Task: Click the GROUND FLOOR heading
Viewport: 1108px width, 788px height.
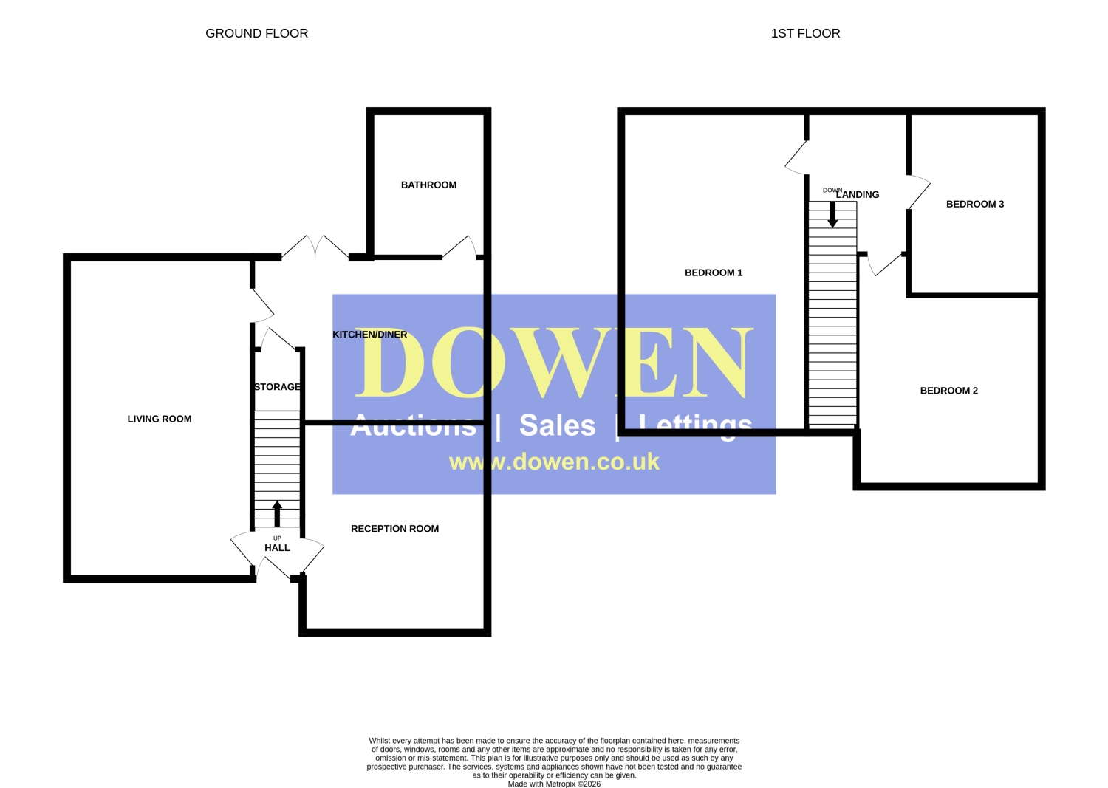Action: tap(257, 33)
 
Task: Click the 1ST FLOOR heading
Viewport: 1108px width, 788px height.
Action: tap(805, 33)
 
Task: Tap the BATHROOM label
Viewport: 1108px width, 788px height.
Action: tap(428, 185)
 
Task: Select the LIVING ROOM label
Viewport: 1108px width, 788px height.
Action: tap(160, 419)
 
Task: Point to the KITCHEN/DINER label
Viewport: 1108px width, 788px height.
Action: tap(370, 335)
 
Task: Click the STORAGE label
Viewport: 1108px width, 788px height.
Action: tap(277, 387)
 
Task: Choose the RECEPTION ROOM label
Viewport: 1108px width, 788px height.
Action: tap(394, 529)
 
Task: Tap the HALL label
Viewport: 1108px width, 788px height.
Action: tap(277, 547)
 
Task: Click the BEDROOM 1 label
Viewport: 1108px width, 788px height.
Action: tap(714, 273)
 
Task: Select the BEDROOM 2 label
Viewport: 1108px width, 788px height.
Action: tap(948, 391)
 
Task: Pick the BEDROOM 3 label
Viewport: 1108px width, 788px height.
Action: tap(975, 205)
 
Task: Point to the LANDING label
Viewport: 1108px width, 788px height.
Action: tap(858, 195)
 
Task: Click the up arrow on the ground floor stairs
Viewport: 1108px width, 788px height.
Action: tap(277, 513)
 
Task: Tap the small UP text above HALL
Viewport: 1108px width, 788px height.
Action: tap(277, 538)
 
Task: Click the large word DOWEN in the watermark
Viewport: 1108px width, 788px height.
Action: tap(554, 363)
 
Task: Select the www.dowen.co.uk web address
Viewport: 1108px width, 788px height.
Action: tap(554, 462)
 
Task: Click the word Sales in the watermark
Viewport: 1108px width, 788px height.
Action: tap(558, 425)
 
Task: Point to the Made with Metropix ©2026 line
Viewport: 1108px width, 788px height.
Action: tap(554, 784)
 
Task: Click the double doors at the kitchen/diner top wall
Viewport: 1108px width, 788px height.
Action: tap(315, 247)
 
